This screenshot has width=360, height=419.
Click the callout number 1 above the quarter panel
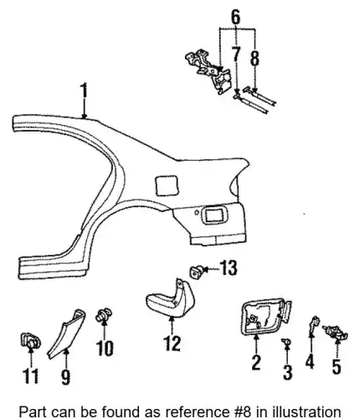click(x=84, y=94)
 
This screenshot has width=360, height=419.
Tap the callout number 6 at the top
click(x=236, y=18)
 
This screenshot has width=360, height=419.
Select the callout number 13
click(x=229, y=267)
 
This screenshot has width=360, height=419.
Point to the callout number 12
click(x=172, y=343)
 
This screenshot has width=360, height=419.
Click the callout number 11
click(x=30, y=375)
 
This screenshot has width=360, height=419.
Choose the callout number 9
click(x=65, y=376)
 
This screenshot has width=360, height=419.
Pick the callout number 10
click(x=105, y=348)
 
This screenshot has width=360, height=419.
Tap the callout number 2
click(x=256, y=362)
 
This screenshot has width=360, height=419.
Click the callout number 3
click(x=287, y=372)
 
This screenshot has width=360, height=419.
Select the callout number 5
click(x=337, y=366)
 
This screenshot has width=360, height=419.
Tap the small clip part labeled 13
click(x=196, y=272)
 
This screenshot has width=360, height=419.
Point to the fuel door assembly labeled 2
click(x=266, y=316)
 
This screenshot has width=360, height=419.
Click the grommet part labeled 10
click(x=104, y=315)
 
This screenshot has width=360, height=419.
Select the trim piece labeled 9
click(x=66, y=334)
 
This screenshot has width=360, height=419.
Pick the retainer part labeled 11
click(x=31, y=341)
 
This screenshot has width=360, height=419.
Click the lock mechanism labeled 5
click(x=336, y=333)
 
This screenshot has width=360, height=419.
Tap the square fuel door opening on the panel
click(x=167, y=185)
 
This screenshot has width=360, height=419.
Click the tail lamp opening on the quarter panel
click(x=214, y=215)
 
